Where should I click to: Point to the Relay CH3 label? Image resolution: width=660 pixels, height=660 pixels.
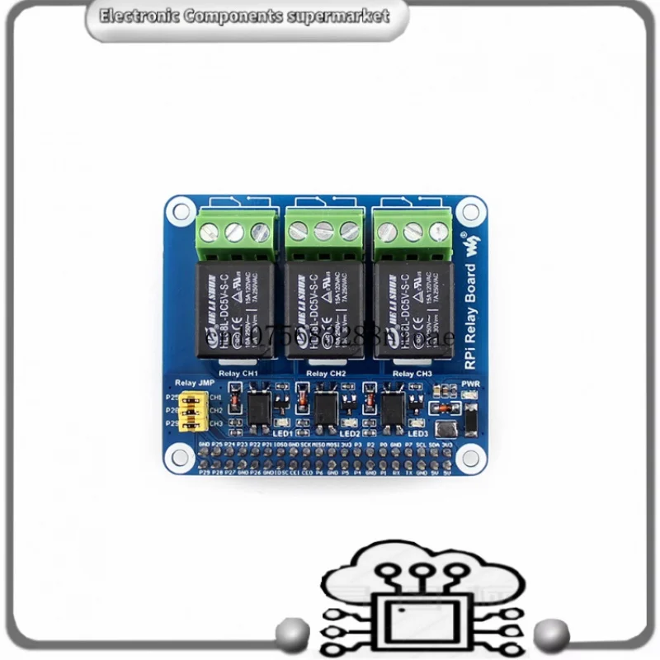pyautogui.click(x=412, y=374)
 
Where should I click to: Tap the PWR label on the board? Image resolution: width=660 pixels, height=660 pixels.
pyautogui.click(x=471, y=384)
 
